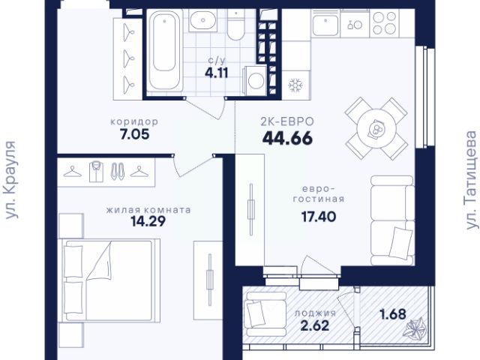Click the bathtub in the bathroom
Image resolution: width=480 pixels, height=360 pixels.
(x=165, y=50)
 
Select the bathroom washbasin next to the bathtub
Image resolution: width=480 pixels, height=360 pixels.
(x=202, y=20)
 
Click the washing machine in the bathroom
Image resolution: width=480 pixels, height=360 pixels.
(x=255, y=80)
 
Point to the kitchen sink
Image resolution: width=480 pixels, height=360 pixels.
(x=325, y=24)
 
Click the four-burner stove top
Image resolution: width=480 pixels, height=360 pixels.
(x=385, y=23)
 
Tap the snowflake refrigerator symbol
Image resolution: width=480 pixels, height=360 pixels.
(x=295, y=85)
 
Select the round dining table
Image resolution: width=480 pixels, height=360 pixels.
(x=376, y=128)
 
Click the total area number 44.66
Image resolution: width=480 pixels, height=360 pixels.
(x=287, y=138)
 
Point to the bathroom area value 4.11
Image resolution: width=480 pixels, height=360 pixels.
(x=217, y=73)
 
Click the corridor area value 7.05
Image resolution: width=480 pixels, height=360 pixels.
(x=135, y=134)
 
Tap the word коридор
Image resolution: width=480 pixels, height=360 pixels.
(x=134, y=121)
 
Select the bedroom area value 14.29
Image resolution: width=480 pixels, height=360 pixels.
(x=148, y=221)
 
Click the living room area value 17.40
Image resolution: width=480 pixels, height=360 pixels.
(x=319, y=217)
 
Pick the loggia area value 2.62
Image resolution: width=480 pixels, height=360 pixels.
(x=315, y=325)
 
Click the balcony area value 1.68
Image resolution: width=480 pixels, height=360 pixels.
(x=393, y=314)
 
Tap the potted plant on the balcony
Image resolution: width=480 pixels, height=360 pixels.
(x=414, y=328)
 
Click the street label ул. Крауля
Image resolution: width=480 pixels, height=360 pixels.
(x=11, y=180)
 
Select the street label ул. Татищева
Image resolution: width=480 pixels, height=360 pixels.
(x=471, y=180)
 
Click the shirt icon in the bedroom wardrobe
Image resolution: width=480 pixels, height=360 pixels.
(x=96, y=172)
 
